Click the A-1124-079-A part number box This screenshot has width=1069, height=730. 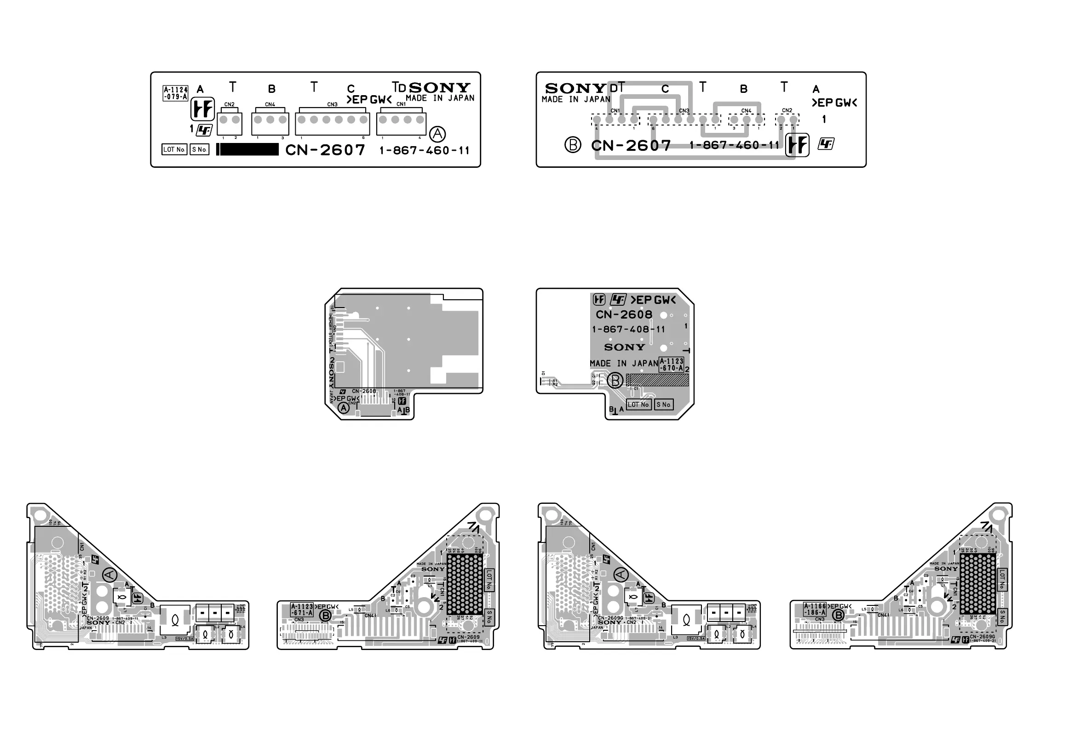[x=176, y=93]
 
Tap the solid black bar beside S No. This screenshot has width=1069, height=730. [x=248, y=149]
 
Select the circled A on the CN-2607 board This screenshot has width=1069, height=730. [x=437, y=134]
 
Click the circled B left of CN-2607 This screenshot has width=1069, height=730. [x=572, y=145]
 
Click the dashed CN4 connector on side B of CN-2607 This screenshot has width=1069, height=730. [x=746, y=120]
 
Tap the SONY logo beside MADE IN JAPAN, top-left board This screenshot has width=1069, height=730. [x=439, y=87]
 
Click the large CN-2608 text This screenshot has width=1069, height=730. [x=624, y=315]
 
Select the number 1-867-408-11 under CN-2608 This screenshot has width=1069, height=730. [x=628, y=330]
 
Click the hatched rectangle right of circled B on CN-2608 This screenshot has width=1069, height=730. [x=659, y=380]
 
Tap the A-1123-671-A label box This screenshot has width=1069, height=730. [x=302, y=610]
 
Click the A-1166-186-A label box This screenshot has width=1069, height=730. [x=815, y=610]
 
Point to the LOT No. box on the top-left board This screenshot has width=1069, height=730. [x=174, y=149]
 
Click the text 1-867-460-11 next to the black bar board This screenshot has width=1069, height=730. [x=424, y=151]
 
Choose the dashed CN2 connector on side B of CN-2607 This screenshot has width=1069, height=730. [x=787, y=120]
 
